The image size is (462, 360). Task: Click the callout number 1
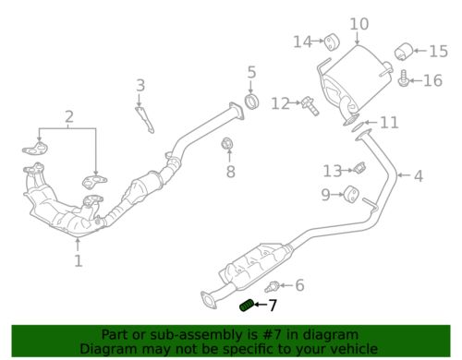[79, 261]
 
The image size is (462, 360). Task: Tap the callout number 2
[68, 117]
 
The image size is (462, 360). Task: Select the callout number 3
[140, 87]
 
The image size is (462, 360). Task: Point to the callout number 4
[418, 175]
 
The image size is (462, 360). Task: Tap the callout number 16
[432, 81]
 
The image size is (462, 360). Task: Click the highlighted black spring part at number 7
[247, 305]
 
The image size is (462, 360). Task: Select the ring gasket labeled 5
[251, 100]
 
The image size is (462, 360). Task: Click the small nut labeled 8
[227, 144]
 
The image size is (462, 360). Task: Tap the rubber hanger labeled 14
[330, 40]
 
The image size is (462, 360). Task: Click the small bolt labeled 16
[405, 82]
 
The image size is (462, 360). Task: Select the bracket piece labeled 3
[145, 119]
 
